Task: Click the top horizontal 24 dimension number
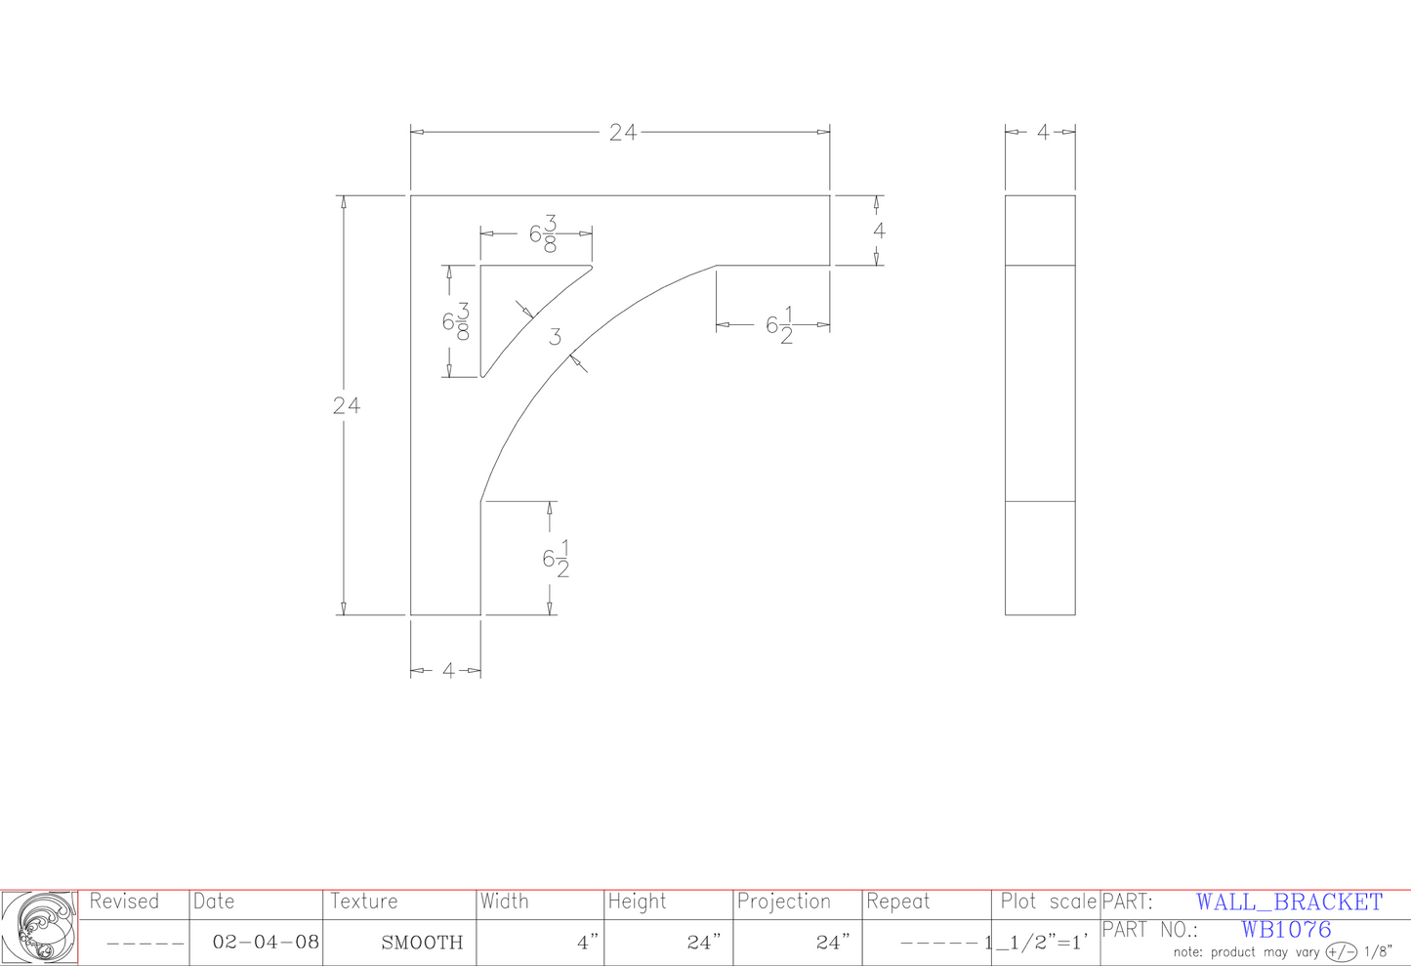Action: [623, 132]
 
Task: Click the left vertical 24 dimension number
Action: [347, 405]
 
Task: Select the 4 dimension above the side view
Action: [1043, 132]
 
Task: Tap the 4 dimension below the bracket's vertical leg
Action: [448, 670]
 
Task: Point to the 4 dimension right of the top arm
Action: [880, 231]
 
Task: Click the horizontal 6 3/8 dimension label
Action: [544, 233]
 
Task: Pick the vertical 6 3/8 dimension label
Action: [456, 321]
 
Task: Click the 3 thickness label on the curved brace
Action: [555, 337]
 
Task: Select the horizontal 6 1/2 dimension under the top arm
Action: [780, 325]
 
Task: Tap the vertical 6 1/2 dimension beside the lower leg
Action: [557, 559]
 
